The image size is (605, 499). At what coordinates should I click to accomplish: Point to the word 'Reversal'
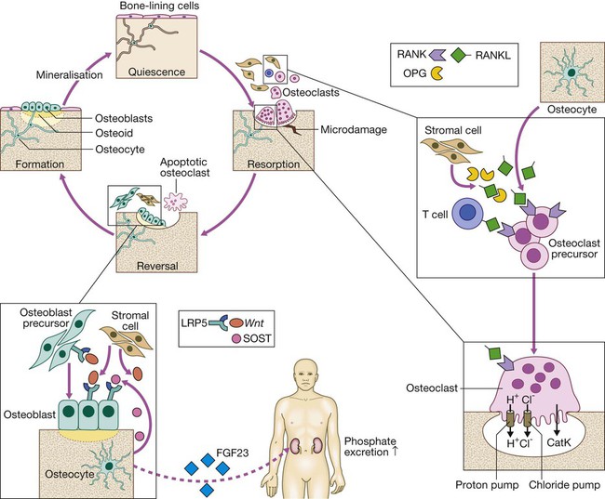156,263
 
